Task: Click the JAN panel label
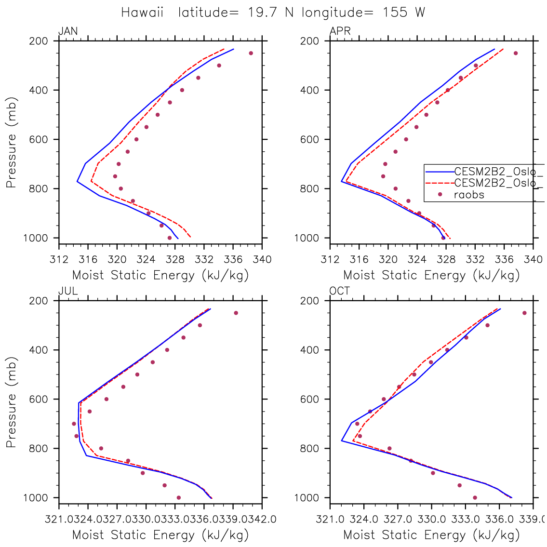(68, 32)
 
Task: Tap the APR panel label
(340, 32)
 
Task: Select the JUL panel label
(68, 291)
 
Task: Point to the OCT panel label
(340, 291)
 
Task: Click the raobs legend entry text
(469, 195)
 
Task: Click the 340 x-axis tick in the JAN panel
(262, 260)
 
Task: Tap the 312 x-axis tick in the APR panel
(330, 260)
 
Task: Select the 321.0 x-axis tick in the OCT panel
(330, 520)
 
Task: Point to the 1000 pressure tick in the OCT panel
(313, 498)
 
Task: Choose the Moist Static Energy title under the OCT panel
(431, 534)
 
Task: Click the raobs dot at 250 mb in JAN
(251, 53)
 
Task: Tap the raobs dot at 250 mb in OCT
(524, 313)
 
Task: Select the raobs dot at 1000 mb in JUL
(179, 497)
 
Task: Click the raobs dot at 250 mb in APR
(515, 53)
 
